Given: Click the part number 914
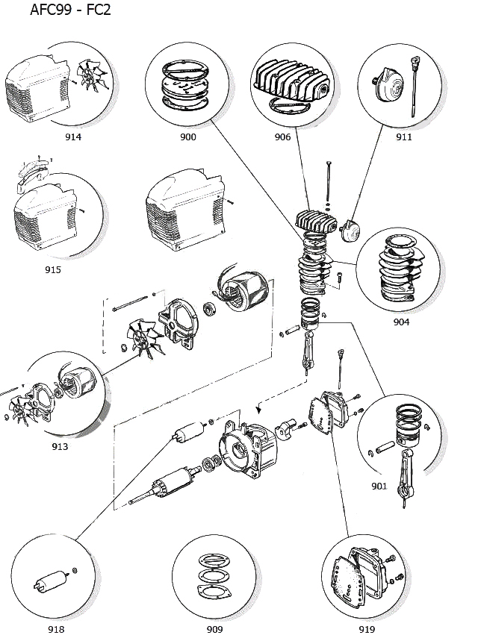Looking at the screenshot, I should [x=73, y=137].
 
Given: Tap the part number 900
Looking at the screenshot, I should [x=188, y=137].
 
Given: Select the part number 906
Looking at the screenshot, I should [x=282, y=137].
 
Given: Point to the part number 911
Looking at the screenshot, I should [x=404, y=137].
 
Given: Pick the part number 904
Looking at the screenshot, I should [x=401, y=322].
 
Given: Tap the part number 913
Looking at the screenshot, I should [x=60, y=446].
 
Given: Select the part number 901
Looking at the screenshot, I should [x=379, y=487].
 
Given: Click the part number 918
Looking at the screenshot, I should [x=56, y=629].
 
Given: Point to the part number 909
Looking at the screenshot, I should [x=215, y=629].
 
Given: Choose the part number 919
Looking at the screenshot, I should [x=367, y=629].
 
